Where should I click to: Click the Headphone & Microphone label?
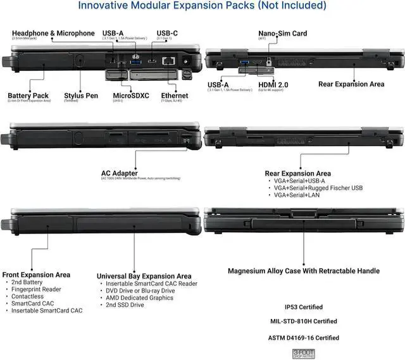53,34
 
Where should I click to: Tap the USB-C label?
167,34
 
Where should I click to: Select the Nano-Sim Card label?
282,34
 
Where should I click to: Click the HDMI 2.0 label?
273,84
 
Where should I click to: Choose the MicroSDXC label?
130,96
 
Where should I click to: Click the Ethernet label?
174,96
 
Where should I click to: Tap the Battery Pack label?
28,96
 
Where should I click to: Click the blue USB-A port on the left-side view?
135,61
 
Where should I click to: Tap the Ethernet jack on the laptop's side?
169,61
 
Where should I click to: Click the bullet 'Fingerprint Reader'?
36,289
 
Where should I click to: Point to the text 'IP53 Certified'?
304,307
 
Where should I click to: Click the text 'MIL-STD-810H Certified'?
304,321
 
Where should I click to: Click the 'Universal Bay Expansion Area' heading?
144,276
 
